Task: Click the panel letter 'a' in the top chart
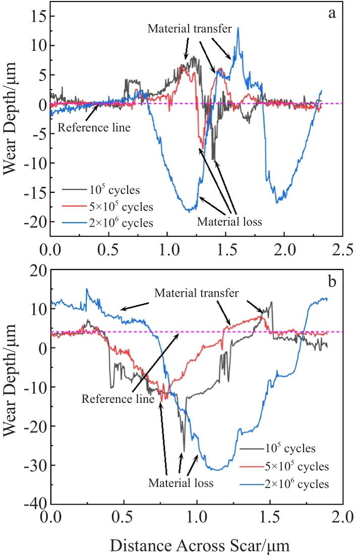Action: [332, 14]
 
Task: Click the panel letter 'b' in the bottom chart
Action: [332, 282]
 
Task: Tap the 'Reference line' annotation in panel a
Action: [94, 127]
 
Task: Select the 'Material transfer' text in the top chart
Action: [190, 29]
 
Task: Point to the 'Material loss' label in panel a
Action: [229, 221]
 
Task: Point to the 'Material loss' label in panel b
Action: [181, 483]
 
